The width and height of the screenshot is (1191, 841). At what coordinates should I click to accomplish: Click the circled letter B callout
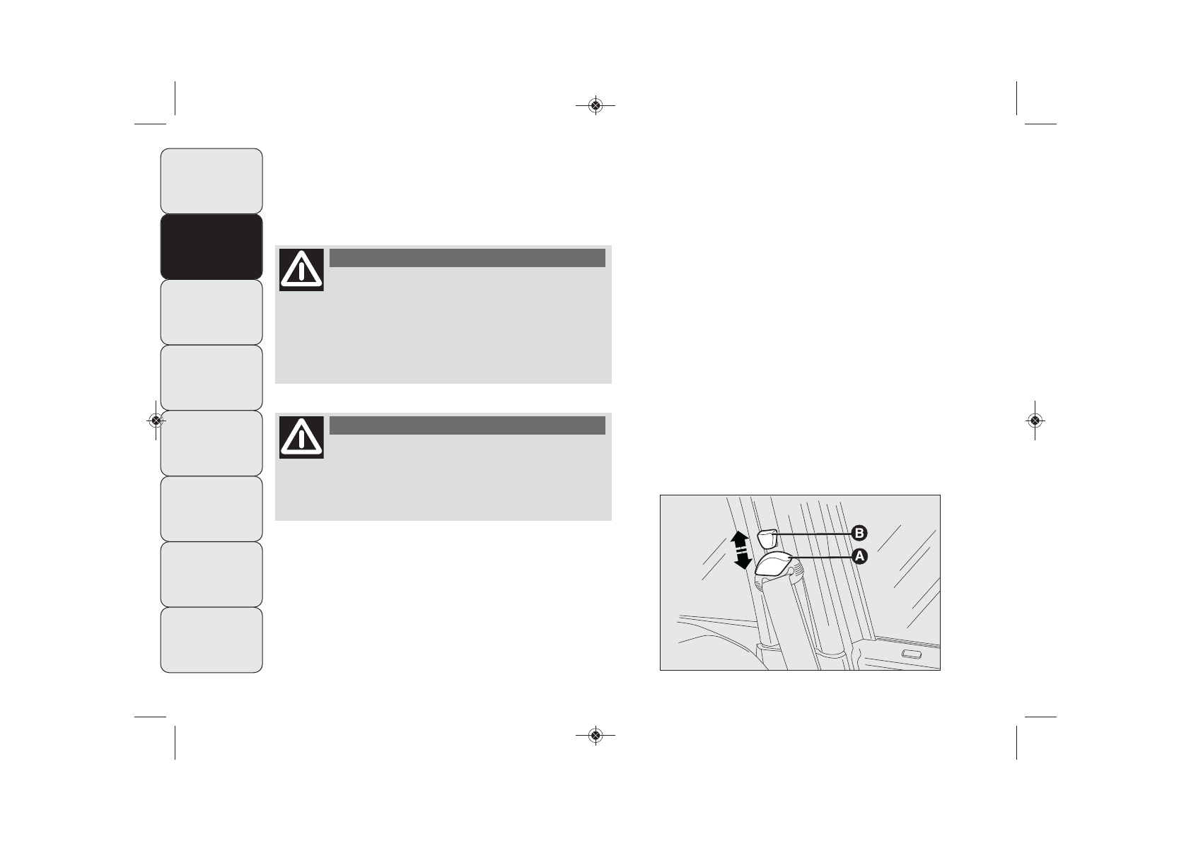(859, 533)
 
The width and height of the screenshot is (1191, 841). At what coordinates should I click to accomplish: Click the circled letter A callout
(859, 556)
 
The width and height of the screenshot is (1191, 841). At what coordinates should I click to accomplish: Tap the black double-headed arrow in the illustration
(740, 551)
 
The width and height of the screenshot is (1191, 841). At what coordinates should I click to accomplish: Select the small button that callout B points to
(768, 539)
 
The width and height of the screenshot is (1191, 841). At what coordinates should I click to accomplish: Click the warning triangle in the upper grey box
(302, 270)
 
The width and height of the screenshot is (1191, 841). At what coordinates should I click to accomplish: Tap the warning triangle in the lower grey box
(302, 437)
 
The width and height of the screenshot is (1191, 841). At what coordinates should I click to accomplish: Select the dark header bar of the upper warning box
(467, 257)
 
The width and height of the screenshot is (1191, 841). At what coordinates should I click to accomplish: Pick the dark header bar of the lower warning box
(467, 425)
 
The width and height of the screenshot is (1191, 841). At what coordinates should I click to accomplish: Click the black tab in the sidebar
(211, 247)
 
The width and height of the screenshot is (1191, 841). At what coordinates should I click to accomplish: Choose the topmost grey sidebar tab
(211, 181)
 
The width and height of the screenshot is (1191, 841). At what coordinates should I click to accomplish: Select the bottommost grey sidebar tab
(211, 640)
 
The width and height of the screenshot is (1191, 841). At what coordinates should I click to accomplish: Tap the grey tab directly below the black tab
(211, 312)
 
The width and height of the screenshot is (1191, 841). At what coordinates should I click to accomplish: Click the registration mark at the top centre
(595, 106)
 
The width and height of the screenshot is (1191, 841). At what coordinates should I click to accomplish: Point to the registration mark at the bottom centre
(595, 736)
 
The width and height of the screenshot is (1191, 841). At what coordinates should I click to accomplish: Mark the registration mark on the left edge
(156, 420)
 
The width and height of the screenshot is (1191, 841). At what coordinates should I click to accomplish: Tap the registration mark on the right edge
(1035, 420)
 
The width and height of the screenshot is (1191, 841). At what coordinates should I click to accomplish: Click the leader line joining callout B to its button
(813, 532)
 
